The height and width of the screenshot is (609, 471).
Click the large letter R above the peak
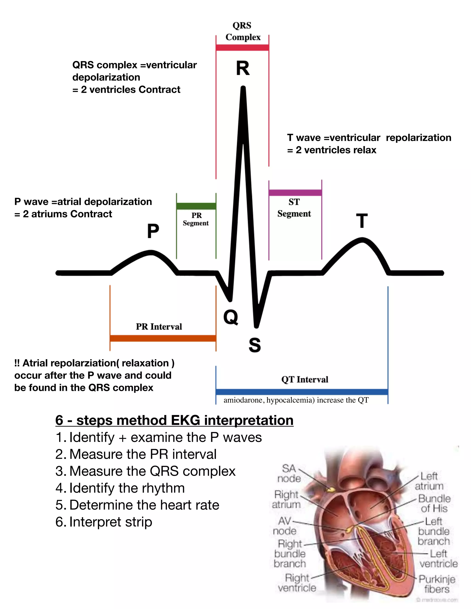[243, 68]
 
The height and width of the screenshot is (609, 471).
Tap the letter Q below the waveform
[231, 317]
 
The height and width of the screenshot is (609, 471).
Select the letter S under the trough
[255, 345]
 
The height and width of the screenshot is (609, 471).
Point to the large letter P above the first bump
[153, 231]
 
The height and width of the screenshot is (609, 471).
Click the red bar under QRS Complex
[242, 47]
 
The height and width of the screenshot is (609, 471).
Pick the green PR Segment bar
[196, 206]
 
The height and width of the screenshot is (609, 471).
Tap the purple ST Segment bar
[295, 192]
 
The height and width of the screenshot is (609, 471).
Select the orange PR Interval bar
[163, 338]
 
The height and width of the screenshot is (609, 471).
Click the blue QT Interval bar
[302, 392]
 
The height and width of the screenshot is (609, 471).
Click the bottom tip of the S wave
[256, 326]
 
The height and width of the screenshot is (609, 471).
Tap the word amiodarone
[243, 400]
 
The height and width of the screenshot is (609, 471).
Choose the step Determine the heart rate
[137, 505]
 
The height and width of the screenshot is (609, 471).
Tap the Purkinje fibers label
[437, 584]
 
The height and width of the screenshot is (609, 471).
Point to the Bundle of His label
[434, 503]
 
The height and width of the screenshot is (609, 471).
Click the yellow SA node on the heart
[331, 490]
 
